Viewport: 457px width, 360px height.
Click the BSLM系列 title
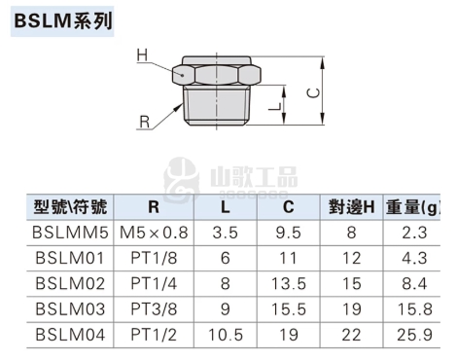point(63,21)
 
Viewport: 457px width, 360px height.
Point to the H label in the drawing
point(142,55)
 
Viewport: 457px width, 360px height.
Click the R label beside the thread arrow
point(144,123)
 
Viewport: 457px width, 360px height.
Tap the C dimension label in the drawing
point(313,93)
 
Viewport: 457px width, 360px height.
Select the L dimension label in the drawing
point(275,105)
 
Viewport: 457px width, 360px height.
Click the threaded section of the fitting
point(216,105)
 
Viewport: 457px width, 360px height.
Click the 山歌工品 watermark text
point(254,177)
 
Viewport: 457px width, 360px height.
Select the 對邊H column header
point(351,207)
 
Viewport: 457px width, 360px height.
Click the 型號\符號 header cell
point(70,207)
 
